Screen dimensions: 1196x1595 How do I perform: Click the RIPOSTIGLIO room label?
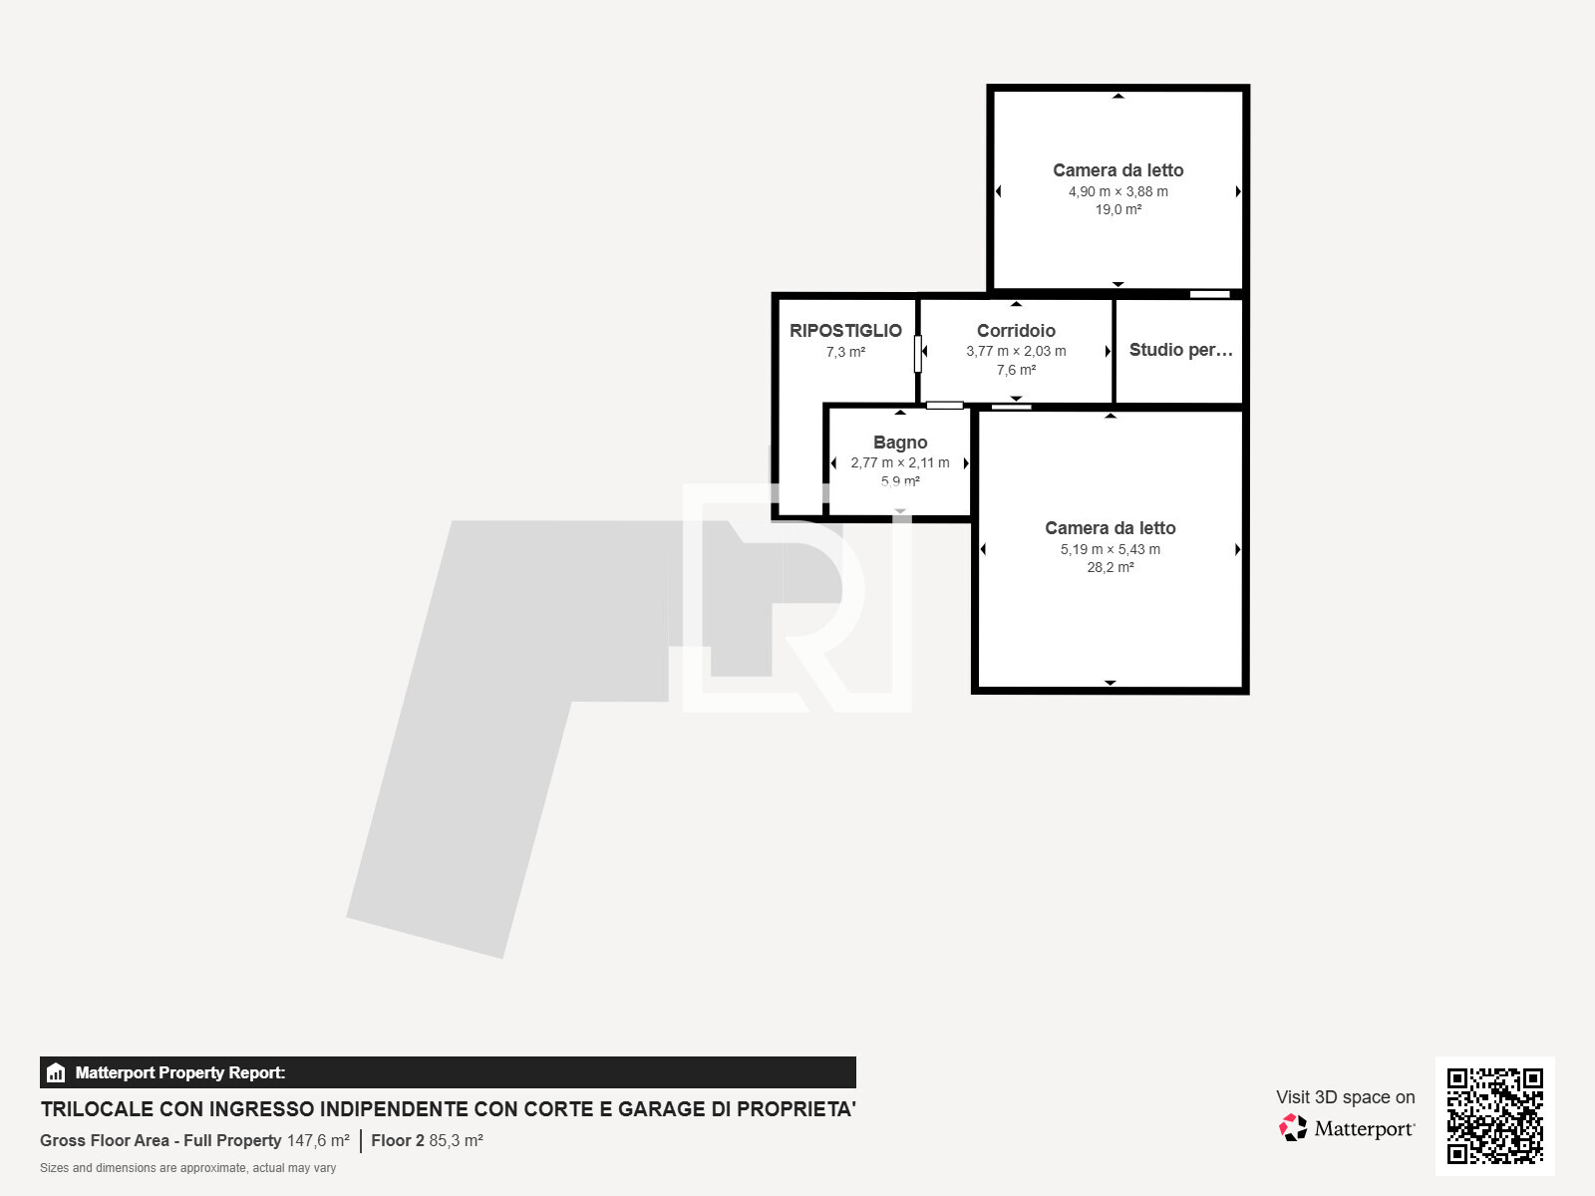[845, 331]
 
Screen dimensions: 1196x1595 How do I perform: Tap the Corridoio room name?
[1016, 331]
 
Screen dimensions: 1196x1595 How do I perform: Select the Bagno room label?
[900, 443]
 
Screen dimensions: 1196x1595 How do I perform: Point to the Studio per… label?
[1180, 350]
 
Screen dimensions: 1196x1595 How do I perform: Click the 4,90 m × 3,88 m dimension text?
[1117, 191]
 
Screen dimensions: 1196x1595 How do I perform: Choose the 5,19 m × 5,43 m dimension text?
[1110, 549]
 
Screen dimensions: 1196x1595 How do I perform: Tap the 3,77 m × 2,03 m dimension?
[1016, 351]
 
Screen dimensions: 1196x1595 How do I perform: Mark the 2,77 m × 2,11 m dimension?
[900, 462]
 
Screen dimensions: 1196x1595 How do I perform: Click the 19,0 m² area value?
[1117, 209]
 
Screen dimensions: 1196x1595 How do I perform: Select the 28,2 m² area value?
[1110, 567]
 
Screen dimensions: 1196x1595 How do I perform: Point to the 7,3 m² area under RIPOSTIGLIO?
[845, 352]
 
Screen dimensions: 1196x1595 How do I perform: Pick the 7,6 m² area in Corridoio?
[1016, 370]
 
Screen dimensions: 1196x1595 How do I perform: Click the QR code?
[1494, 1115]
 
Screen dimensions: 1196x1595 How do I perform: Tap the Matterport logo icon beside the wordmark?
[1293, 1127]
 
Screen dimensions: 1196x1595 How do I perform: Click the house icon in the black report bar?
[56, 1073]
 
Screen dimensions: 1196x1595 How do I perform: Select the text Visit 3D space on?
[1345, 1097]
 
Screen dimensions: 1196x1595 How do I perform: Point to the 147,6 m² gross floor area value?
[318, 1140]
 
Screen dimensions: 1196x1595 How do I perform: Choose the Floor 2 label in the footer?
[398, 1140]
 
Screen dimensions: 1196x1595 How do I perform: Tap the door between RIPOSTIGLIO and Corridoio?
[918, 353]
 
